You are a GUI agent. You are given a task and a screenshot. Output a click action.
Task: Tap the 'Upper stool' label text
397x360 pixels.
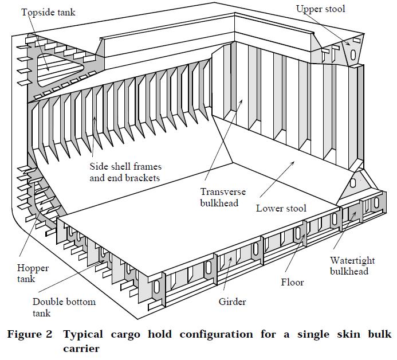pyautogui.click(x=320, y=9)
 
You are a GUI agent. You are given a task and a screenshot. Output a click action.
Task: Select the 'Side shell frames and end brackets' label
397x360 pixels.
pyautogui.click(x=125, y=171)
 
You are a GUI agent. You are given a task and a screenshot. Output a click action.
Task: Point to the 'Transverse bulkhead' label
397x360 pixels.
pyautogui.click(x=219, y=197)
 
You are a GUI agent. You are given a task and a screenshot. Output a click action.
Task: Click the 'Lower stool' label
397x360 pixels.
pyautogui.click(x=281, y=208)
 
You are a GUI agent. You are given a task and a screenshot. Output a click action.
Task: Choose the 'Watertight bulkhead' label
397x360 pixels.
pyautogui.click(x=349, y=265)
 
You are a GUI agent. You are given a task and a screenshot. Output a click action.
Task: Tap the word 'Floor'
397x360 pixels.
pyautogui.click(x=292, y=282)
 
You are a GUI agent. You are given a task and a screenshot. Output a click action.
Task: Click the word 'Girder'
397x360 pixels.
pyautogui.click(x=233, y=301)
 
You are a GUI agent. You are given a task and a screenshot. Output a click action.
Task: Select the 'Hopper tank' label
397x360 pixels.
pyautogui.click(x=33, y=273)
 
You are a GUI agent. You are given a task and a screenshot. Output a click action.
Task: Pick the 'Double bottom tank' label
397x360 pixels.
pyautogui.click(x=64, y=307)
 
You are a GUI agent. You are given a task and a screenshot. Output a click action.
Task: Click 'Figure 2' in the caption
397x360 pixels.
pyautogui.click(x=29, y=334)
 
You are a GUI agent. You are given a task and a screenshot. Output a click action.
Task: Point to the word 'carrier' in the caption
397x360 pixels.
pyautogui.click(x=81, y=348)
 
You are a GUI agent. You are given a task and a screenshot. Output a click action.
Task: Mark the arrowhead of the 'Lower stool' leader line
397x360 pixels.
pyautogui.click(x=294, y=162)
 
